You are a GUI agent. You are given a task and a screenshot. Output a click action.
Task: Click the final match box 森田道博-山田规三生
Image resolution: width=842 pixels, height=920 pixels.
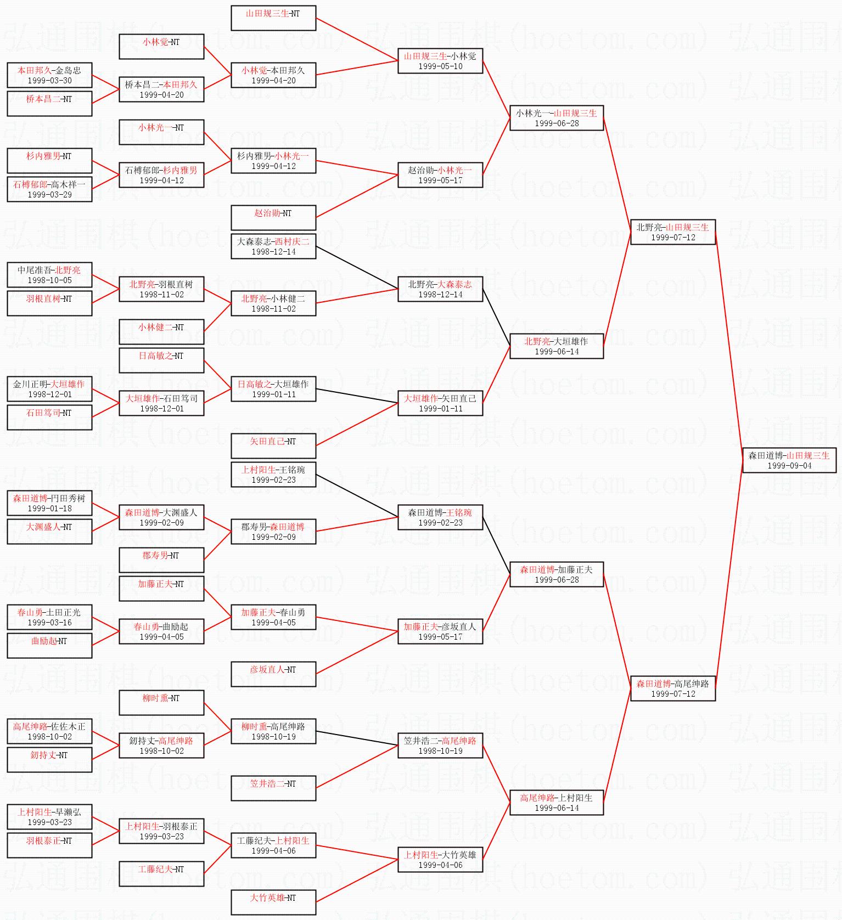[x=789, y=460]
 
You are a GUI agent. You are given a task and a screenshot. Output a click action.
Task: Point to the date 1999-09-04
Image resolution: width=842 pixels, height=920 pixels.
[x=789, y=466]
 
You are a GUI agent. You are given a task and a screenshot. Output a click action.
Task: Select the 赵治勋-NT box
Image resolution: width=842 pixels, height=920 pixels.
[x=273, y=218]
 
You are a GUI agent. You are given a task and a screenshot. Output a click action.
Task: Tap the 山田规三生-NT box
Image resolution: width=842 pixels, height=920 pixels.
[x=273, y=18]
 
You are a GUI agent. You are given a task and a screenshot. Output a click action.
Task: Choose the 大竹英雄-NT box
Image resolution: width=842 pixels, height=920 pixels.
[x=273, y=902]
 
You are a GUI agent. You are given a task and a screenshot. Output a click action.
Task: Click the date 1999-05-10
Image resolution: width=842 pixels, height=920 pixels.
[x=440, y=66]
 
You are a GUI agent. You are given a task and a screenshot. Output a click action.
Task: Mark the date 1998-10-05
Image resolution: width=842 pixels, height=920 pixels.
[x=49, y=280]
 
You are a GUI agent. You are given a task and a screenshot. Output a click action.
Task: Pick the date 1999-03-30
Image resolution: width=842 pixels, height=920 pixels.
[x=49, y=81]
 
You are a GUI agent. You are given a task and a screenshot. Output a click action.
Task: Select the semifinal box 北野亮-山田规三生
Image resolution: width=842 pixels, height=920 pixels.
[x=673, y=232]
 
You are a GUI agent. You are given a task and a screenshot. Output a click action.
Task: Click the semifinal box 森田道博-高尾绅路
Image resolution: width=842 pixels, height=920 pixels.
[x=673, y=688]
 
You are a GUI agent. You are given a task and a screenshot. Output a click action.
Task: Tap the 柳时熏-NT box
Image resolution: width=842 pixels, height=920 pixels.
[x=161, y=703]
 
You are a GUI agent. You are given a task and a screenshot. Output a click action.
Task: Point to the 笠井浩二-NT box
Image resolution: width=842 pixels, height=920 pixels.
[x=273, y=788]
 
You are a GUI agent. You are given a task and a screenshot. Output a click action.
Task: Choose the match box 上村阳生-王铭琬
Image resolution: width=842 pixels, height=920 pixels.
[x=273, y=475]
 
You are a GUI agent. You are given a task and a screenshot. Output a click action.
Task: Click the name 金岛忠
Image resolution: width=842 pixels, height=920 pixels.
[x=68, y=70]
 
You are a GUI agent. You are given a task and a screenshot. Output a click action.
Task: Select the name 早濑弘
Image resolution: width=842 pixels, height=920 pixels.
[x=68, y=812]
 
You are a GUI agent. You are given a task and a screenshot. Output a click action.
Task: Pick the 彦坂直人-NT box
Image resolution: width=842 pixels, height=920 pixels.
[x=273, y=674]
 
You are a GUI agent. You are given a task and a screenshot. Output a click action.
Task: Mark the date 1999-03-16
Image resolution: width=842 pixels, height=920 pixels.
[x=49, y=623]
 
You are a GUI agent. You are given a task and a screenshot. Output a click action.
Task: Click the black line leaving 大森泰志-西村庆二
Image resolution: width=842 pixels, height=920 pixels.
[x=357, y=268]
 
